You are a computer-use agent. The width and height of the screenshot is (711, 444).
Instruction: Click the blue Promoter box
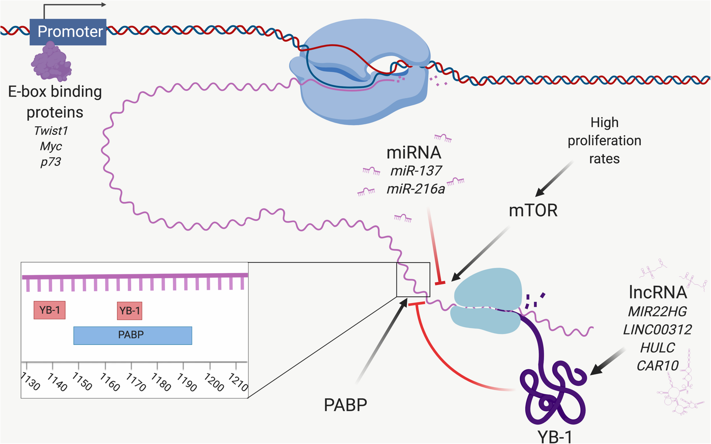click(x=68, y=32)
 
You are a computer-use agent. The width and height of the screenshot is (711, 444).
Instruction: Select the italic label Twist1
click(x=51, y=131)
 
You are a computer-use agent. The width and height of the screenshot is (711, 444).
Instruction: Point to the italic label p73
click(x=51, y=162)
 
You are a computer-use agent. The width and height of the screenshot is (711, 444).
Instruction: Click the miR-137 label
click(x=416, y=171)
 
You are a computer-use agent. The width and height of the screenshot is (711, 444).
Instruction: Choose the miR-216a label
click(x=416, y=189)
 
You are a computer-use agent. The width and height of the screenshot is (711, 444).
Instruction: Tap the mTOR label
click(x=533, y=211)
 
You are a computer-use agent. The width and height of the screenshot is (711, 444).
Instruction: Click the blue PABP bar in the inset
click(x=133, y=335)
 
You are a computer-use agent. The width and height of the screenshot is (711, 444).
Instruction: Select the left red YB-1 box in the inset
click(x=49, y=310)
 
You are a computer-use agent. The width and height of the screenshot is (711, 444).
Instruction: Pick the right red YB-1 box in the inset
click(x=130, y=311)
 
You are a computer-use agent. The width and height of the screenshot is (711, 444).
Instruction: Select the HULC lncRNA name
click(x=658, y=348)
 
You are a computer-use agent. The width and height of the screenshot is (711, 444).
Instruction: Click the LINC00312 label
click(x=658, y=330)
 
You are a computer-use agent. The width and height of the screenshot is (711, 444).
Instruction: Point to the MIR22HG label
click(x=658, y=312)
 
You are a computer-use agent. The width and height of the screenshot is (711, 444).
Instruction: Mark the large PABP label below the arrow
click(x=345, y=405)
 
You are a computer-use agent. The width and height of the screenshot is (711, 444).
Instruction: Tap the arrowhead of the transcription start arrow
click(x=104, y=5)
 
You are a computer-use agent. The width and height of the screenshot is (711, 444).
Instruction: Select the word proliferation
click(x=604, y=141)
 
